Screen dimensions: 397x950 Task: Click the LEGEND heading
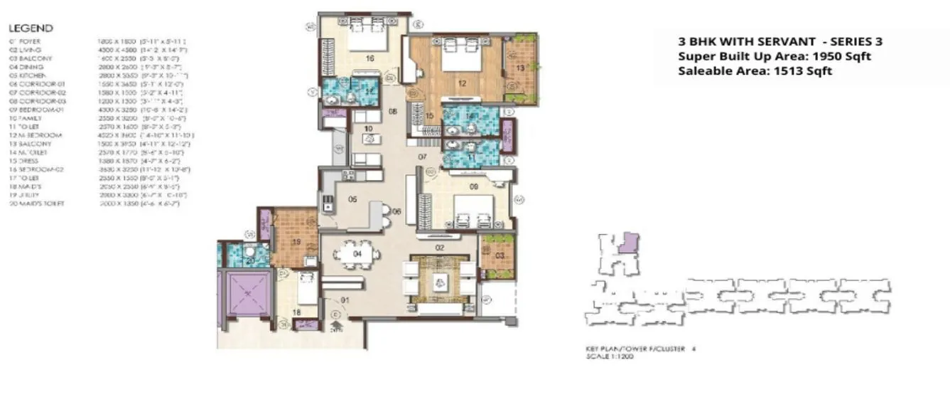point(30,28)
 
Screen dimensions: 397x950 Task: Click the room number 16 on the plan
point(369,59)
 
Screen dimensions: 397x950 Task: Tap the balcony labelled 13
point(520,68)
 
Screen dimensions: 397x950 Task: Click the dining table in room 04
point(357,253)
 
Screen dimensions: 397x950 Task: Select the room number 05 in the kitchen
point(352,200)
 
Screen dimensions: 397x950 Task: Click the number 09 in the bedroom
point(475,189)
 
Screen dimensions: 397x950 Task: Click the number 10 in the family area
point(368,129)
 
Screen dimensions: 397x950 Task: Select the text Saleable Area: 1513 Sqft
point(755,70)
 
